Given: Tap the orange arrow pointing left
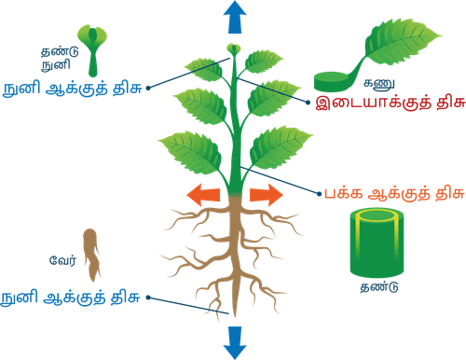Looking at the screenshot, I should pos(204,196).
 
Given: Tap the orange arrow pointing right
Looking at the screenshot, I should pos(264,196).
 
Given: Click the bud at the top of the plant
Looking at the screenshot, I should pos(234,48).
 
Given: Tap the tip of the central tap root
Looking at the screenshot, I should pos(234,316).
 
